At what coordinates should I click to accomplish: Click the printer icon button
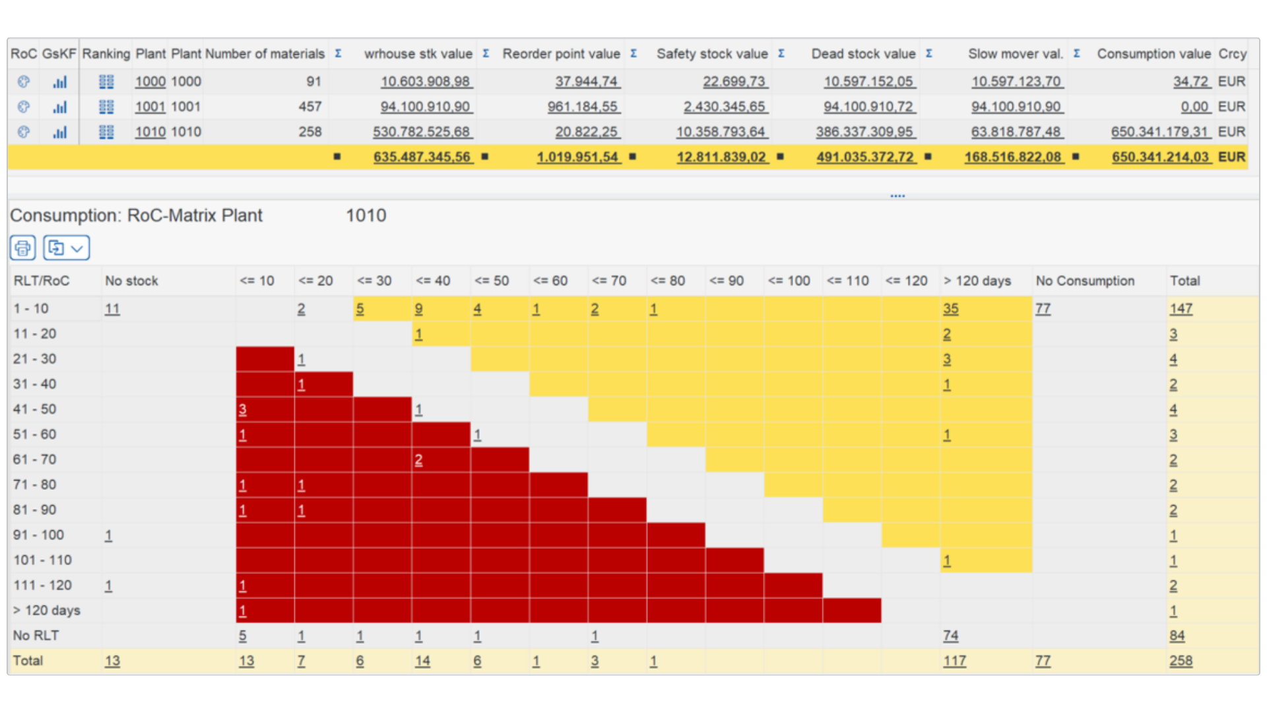pyautogui.click(x=22, y=248)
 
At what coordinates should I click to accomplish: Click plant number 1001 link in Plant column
pyautogui.click(x=150, y=107)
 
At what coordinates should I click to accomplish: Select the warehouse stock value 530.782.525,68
pyautogui.click(x=422, y=132)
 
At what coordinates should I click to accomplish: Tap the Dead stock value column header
pyautogui.click(x=862, y=54)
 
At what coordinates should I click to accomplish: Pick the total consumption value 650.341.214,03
pyautogui.click(x=1160, y=157)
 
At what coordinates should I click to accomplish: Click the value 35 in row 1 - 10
pyautogui.click(x=950, y=309)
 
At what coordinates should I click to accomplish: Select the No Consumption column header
pyautogui.click(x=1085, y=281)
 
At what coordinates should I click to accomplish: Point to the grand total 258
pyautogui.click(x=1180, y=661)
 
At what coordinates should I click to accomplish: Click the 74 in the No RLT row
pyautogui.click(x=950, y=636)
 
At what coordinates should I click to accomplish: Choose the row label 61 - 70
pyautogui.click(x=34, y=459)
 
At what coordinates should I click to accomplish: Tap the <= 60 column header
pyautogui.click(x=550, y=281)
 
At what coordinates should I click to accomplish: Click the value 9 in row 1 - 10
pyautogui.click(x=418, y=309)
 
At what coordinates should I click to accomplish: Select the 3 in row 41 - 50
pyautogui.click(x=242, y=409)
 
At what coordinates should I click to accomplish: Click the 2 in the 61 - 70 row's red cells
pyautogui.click(x=418, y=460)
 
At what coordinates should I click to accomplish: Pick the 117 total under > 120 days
pyautogui.click(x=954, y=661)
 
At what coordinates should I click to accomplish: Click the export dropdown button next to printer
pyautogui.click(x=66, y=248)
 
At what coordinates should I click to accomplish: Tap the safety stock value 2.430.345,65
pyautogui.click(x=724, y=107)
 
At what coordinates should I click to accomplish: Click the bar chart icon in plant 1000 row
pyautogui.click(x=59, y=82)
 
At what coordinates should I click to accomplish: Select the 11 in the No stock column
pyautogui.click(x=112, y=309)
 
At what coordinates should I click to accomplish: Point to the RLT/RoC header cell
pyautogui.click(x=41, y=281)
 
